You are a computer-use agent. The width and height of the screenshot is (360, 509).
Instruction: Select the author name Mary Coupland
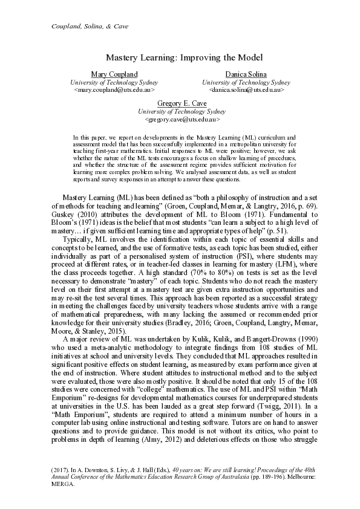coord(114,74)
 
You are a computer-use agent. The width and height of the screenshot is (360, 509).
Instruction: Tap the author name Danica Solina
coord(246,74)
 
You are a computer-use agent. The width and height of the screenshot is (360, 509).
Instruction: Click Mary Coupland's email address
coord(114,89)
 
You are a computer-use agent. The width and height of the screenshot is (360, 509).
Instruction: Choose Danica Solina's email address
coord(246,89)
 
